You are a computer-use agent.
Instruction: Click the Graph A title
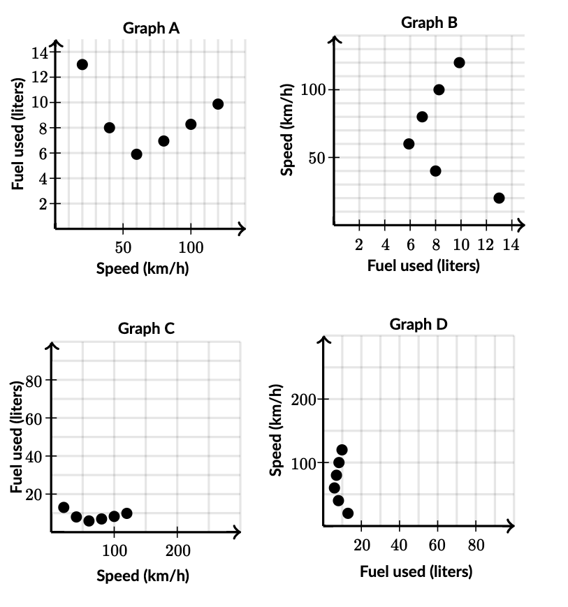coord(151,28)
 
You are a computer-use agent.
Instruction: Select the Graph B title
coord(429,22)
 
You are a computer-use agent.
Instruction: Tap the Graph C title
coord(146,328)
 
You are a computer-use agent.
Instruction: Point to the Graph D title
coord(418,324)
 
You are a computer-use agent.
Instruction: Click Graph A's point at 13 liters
coord(82,64)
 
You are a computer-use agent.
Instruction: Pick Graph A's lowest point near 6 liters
coord(136,154)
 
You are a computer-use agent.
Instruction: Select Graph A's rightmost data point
coord(218,104)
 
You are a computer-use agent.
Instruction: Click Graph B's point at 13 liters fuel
coord(499,198)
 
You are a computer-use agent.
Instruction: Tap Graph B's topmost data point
coord(459,63)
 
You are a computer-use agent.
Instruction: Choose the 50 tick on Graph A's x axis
coord(123,247)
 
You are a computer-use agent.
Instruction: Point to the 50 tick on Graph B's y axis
coord(316,158)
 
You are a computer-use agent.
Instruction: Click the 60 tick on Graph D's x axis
coord(437,545)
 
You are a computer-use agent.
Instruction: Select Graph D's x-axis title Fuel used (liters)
coord(416,571)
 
